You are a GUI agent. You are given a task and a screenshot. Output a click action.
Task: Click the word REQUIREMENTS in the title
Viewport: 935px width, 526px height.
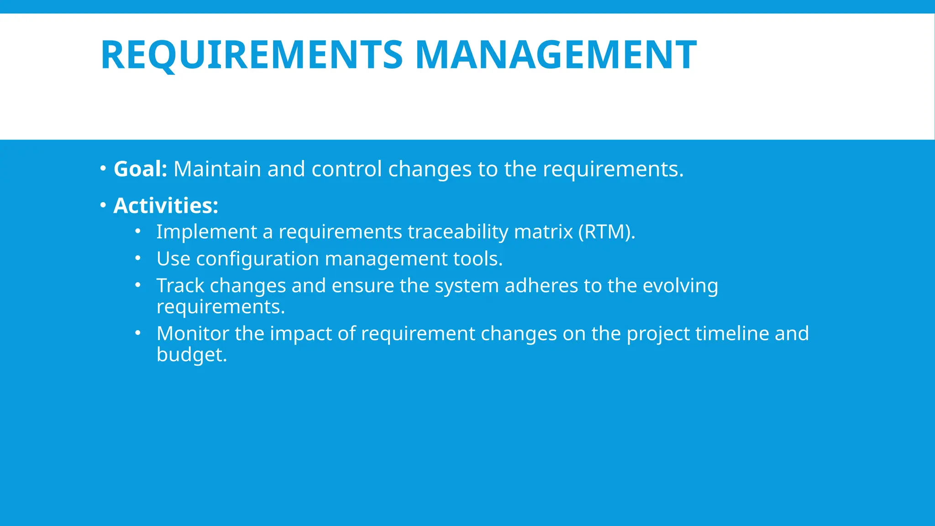click(x=252, y=55)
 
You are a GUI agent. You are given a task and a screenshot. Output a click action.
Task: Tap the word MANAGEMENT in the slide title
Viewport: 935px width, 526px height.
click(x=556, y=55)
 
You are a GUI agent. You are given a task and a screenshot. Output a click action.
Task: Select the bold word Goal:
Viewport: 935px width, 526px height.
click(x=141, y=169)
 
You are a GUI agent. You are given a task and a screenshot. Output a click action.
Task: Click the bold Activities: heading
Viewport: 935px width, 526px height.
click(x=166, y=205)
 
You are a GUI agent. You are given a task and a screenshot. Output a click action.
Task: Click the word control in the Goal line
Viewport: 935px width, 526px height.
click(x=347, y=169)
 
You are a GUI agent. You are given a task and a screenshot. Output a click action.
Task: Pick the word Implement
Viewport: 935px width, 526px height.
click(x=206, y=232)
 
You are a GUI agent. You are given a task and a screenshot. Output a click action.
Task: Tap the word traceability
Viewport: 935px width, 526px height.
click(x=457, y=232)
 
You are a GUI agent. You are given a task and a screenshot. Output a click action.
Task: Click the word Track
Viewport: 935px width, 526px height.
click(x=180, y=286)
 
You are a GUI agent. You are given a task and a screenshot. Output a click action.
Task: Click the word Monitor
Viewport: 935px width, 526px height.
click(x=193, y=333)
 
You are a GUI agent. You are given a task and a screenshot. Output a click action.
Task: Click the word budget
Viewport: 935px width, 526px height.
click(x=191, y=355)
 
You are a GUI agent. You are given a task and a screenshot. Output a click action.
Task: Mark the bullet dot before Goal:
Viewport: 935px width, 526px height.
click(x=103, y=168)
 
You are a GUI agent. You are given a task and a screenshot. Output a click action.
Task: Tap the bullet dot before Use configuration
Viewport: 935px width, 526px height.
click(x=138, y=258)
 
